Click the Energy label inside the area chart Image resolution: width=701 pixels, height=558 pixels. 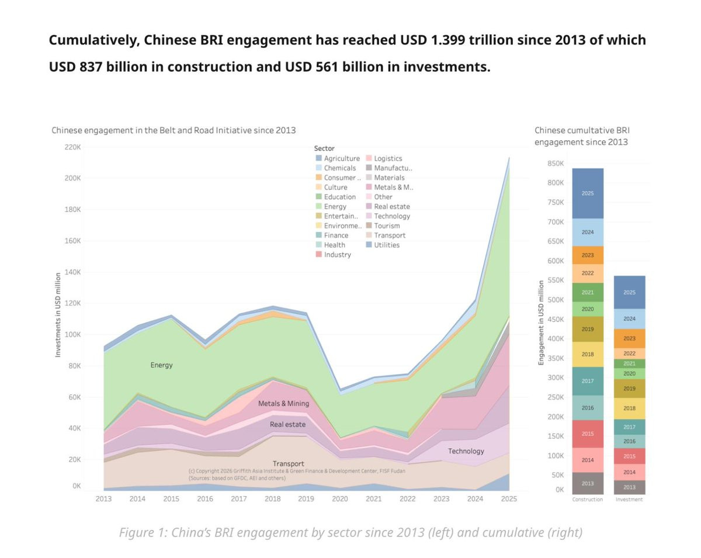coord(161,365)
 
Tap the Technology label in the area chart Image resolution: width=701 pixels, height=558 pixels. coord(466,451)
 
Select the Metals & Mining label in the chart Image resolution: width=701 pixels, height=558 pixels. coord(283,403)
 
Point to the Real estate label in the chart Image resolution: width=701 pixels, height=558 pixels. coord(287,424)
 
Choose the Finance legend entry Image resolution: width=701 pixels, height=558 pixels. coord(336,235)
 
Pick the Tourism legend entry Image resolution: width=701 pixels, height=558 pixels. coord(387,226)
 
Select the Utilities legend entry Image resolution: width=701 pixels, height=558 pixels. coord(387,245)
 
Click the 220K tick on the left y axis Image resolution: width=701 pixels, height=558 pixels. coord(72,147)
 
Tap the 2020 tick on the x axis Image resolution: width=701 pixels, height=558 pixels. coord(339,499)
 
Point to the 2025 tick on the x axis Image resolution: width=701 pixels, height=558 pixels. coord(509,499)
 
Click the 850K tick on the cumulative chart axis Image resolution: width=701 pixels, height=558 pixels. coord(556,164)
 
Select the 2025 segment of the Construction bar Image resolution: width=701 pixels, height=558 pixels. coord(587,193)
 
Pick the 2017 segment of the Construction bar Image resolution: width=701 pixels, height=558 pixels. coord(587,381)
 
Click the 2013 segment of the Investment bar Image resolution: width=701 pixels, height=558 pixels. coord(629,487)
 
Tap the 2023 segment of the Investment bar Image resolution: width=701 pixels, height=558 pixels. coord(629,338)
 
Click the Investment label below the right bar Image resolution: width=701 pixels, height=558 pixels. coord(629,500)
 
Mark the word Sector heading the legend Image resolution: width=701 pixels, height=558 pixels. coord(324,148)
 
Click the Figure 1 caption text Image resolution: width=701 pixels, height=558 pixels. coord(350,532)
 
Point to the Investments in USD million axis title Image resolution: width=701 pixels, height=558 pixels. coord(58,315)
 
